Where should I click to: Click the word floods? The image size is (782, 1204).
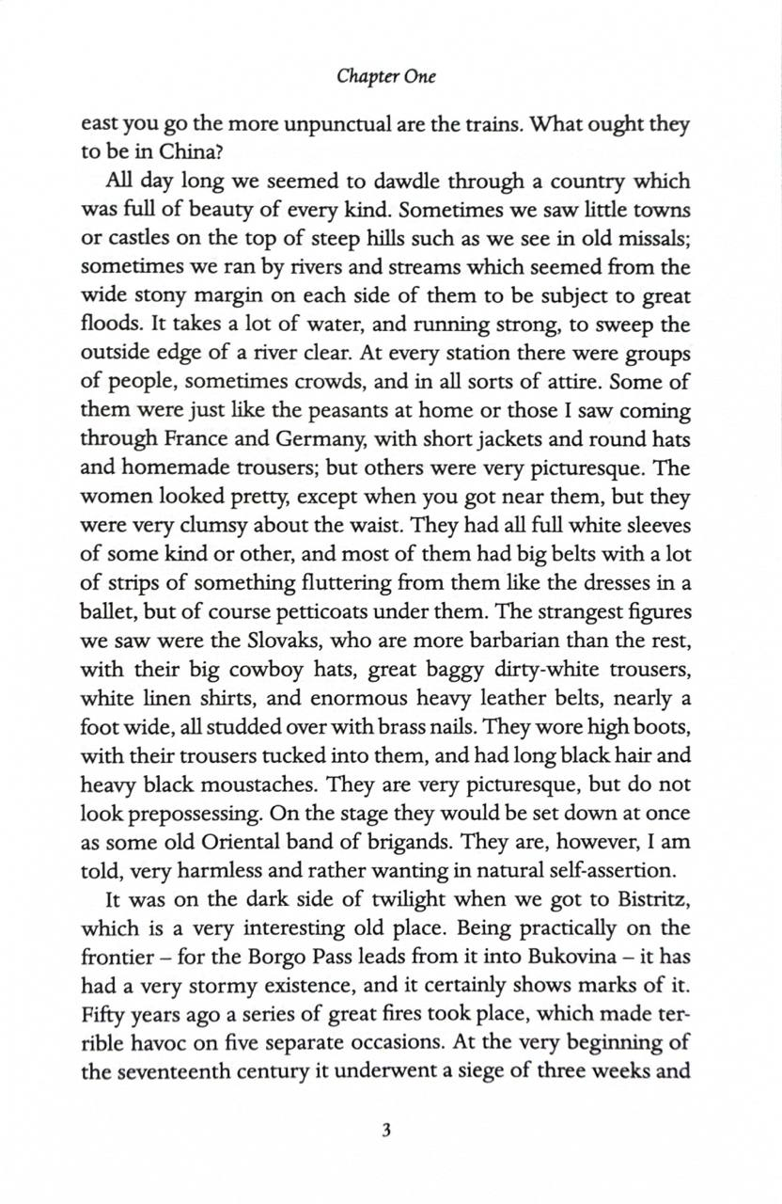110,325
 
